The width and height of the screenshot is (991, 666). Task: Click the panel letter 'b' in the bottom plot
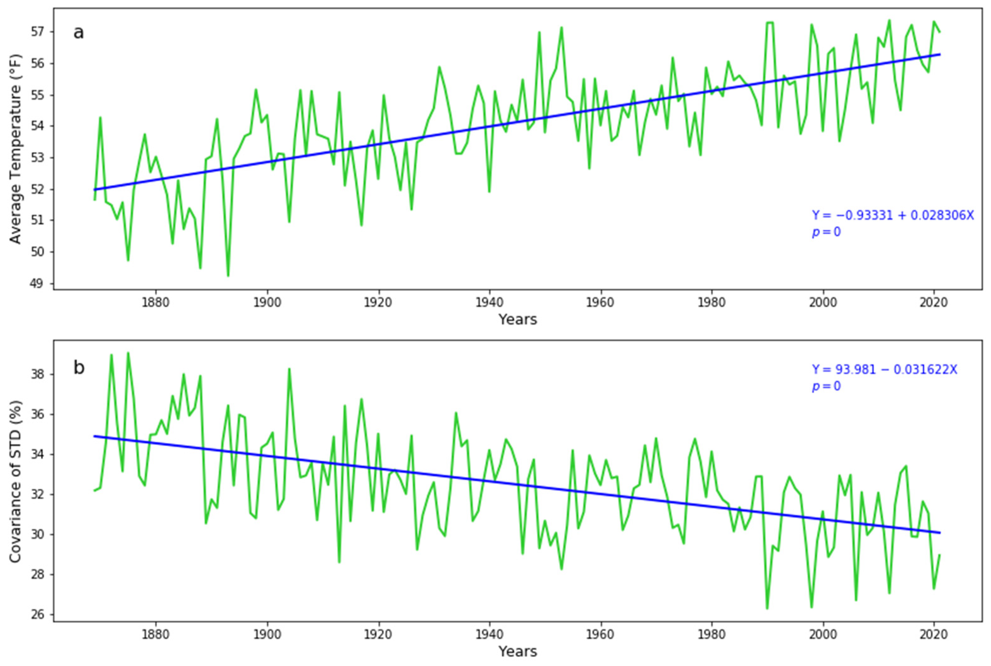pyautogui.click(x=79, y=368)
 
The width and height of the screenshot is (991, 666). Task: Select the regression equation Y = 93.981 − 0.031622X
pyautogui.click(x=885, y=370)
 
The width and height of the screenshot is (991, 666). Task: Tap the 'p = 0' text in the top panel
pyautogui.click(x=826, y=232)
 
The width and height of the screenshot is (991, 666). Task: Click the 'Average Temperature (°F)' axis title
pyautogui.click(x=16, y=149)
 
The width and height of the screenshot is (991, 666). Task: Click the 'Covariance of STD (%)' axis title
pyautogui.click(x=16, y=482)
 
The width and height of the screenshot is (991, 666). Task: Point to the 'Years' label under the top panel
pyautogui.click(x=517, y=319)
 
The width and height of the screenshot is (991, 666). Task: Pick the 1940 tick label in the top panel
pyautogui.click(x=489, y=302)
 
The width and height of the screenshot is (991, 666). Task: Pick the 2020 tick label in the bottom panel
pyautogui.click(x=934, y=634)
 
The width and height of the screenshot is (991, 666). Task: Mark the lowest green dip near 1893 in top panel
pyautogui.click(x=228, y=276)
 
